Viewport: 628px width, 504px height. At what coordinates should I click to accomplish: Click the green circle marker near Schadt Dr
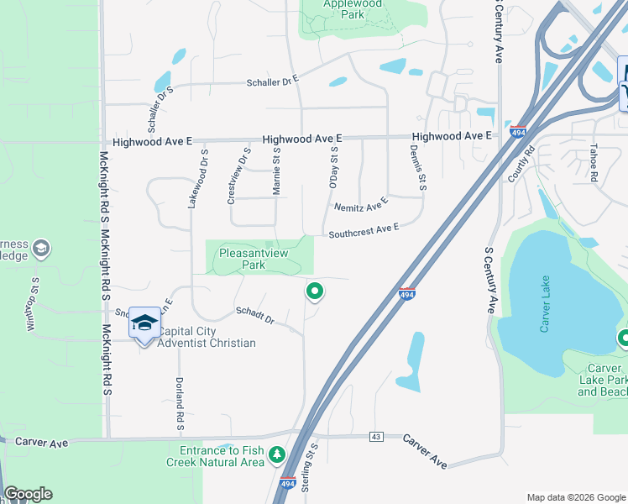coord(315,291)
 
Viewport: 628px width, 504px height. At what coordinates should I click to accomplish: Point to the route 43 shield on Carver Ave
coord(375,436)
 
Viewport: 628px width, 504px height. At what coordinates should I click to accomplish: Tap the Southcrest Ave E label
coord(363,231)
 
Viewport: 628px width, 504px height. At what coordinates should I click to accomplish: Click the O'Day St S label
coord(333,167)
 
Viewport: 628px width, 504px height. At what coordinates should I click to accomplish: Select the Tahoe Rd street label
coord(593,163)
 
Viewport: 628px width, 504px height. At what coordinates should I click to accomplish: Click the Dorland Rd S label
coord(179,402)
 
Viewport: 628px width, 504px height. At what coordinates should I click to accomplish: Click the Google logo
coord(28,494)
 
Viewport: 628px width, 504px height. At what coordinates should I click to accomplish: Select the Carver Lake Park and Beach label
coord(599,381)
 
